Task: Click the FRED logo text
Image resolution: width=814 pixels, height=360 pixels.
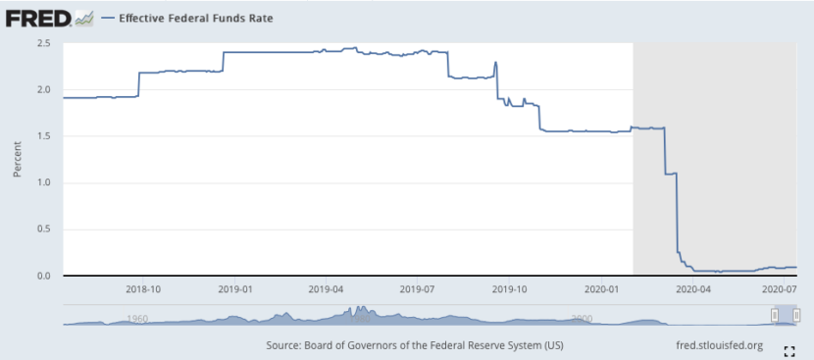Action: coord(36,17)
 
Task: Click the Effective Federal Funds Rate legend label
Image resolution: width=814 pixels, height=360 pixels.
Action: coord(195,18)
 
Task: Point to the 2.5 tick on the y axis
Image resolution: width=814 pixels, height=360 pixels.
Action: coord(45,44)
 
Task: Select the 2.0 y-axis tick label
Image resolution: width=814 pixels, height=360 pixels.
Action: coord(45,90)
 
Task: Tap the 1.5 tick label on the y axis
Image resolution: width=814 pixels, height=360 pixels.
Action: coord(45,136)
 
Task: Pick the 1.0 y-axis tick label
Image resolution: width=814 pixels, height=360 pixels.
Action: coord(45,183)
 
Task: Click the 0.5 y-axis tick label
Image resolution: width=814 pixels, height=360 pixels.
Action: coord(45,230)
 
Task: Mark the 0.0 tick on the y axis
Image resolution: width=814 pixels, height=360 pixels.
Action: coord(45,276)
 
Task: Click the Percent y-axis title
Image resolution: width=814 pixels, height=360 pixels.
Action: coord(17,160)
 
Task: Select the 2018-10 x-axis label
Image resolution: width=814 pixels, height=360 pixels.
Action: coord(145,289)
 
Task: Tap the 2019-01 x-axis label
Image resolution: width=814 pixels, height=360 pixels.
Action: coord(235,289)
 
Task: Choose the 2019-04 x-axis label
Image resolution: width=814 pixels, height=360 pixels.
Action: coord(327,289)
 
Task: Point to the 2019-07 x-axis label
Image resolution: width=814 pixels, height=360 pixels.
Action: coord(419,289)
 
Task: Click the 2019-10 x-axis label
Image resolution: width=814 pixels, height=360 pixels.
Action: coord(510,289)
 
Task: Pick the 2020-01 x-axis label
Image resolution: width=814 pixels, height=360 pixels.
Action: coord(601,289)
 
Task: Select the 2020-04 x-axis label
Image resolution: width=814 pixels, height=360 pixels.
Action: coord(693,289)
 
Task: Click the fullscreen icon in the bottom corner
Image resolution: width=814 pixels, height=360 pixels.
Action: coord(789,350)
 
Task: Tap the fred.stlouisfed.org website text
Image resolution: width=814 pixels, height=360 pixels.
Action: coord(720,345)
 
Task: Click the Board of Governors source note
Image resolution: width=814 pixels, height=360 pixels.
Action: coord(414,345)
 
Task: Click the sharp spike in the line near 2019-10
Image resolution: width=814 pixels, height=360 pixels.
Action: coord(496,64)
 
